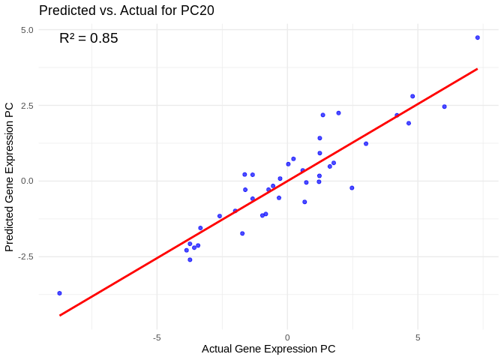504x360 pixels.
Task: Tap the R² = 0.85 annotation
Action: (88, 38)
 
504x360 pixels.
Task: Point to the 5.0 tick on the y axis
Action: (27, 30)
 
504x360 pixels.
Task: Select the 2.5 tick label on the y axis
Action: (27, 106)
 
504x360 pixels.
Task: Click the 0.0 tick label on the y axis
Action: (27, 181)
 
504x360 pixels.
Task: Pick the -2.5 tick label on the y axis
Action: (25, 256)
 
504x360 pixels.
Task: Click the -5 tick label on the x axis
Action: (157, 337)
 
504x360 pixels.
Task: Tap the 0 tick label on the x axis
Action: (287, 337)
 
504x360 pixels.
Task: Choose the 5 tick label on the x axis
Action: (418, 337)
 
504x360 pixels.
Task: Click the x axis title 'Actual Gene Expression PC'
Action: (268, 349)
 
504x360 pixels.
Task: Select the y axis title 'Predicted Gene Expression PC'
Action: (10, 177)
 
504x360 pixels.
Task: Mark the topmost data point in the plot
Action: (477, 37)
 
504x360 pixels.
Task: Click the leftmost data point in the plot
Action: (59, 293)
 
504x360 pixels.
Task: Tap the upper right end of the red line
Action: (477, 69)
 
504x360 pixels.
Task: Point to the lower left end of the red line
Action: (60, 315)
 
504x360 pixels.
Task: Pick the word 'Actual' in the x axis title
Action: (217, 349)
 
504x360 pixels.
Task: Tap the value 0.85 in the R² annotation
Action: (104, 38)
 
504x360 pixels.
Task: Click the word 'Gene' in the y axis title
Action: (10, 176)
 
